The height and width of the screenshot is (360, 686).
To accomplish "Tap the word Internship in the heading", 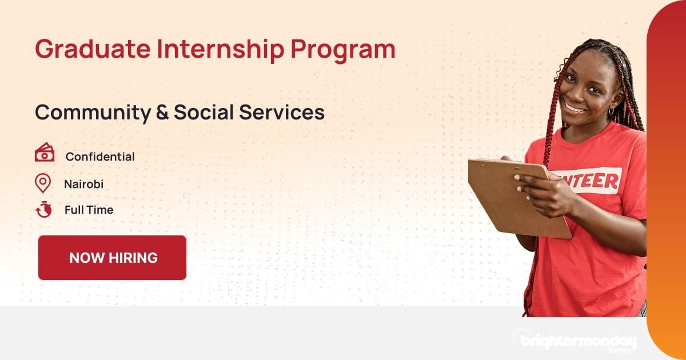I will (220, 49).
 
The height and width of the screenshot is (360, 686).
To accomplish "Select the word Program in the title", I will (342, 50).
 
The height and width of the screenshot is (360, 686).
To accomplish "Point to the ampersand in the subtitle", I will (162, 113).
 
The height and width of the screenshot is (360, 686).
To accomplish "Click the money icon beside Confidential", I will (44, 153).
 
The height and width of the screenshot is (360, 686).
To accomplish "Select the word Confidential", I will (100, 157).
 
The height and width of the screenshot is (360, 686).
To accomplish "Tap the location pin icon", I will (43, 183).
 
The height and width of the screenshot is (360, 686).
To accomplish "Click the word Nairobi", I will (83, 184).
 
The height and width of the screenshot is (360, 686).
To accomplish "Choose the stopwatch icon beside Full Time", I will (43, 210).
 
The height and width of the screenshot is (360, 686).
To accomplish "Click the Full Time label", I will (89, 210).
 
